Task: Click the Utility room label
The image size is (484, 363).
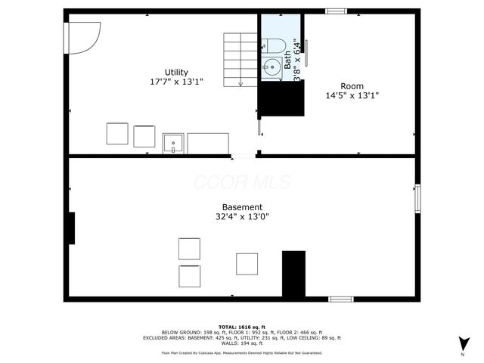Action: click(177, 72)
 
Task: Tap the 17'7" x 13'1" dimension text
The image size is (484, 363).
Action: click(177, 82)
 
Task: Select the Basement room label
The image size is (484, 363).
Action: click(242, 207)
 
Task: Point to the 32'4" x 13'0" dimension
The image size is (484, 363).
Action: click(242, 217)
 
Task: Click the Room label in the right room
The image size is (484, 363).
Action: click(352, 86)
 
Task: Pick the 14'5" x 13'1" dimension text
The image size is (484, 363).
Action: click(352, 96)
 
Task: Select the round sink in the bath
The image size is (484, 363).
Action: click(271, 67)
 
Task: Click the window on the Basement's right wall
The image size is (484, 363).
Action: click(416, 198)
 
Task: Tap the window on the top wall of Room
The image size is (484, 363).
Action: click(336, 11)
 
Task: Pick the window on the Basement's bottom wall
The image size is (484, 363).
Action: click(341, 299)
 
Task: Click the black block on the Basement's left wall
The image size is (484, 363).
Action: click(71, 228)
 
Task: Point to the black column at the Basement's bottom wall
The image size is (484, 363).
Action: click(293, 274)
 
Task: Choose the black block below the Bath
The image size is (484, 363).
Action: click(281, 98)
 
